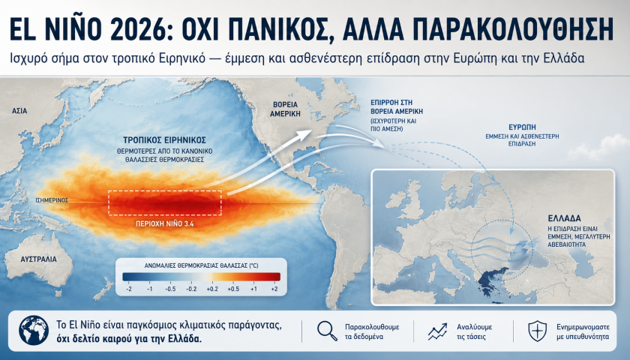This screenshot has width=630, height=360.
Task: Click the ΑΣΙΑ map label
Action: pos(19,110)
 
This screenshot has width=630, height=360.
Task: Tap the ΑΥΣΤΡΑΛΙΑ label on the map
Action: pos(38,259)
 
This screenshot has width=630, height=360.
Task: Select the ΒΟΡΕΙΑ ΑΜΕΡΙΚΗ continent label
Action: pos(285,109)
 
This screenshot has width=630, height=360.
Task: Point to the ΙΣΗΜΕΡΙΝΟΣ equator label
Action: pos(52,200)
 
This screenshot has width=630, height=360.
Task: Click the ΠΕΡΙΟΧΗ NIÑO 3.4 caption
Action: pos(165,223)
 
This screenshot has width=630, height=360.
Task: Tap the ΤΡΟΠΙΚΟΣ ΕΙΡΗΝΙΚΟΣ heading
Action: pos(165,140)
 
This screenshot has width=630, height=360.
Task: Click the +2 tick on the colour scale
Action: pos(274,289)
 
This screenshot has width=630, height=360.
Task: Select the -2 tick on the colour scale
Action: pos(128,289)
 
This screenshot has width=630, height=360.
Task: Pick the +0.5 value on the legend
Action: pos(233,289)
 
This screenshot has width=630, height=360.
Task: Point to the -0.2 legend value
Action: pos(191,289)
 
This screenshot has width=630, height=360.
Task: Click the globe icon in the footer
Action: pos(34,330)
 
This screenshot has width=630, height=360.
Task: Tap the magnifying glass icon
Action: pos(328,331)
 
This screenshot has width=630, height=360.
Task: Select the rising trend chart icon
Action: pos(437,331)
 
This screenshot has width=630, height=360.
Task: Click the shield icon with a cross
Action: pos(537,331)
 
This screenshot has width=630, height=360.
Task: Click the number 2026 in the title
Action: pos(137,29)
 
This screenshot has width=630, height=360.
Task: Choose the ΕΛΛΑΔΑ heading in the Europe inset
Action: pos(565,218)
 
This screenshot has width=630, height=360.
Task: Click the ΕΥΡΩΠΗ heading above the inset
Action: pos(522,127)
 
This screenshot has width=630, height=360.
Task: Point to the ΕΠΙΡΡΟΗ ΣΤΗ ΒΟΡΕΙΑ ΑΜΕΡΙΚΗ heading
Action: pos(397,106)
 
